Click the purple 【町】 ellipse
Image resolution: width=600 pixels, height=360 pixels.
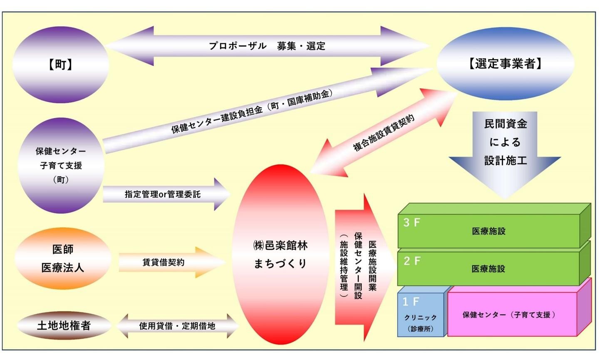pos(61,65)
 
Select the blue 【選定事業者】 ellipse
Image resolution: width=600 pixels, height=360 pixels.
pos(505,64)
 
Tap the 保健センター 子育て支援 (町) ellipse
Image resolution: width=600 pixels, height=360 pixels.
pos(61,165)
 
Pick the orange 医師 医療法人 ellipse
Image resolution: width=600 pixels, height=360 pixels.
pos(62,258)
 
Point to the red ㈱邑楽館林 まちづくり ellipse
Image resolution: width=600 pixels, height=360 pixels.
pos(280,254)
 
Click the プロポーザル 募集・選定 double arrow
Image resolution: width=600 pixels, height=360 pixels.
pos(267,46)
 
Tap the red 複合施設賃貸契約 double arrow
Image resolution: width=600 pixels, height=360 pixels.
pos(384,133)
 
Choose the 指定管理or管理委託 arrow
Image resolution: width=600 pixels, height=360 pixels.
pos(163,194)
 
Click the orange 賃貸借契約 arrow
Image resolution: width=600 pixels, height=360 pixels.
pos(164,262)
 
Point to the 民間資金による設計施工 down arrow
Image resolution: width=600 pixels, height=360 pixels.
pos(505,150)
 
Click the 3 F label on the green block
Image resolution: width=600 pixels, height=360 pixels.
pos(412,223)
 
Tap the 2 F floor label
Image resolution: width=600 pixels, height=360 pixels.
pos(412,261)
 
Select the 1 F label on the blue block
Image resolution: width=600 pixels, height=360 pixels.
pos(411,301)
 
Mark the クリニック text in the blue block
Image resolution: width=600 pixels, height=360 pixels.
pos(420,318)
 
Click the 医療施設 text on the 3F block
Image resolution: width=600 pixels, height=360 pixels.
pos(488,231)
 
